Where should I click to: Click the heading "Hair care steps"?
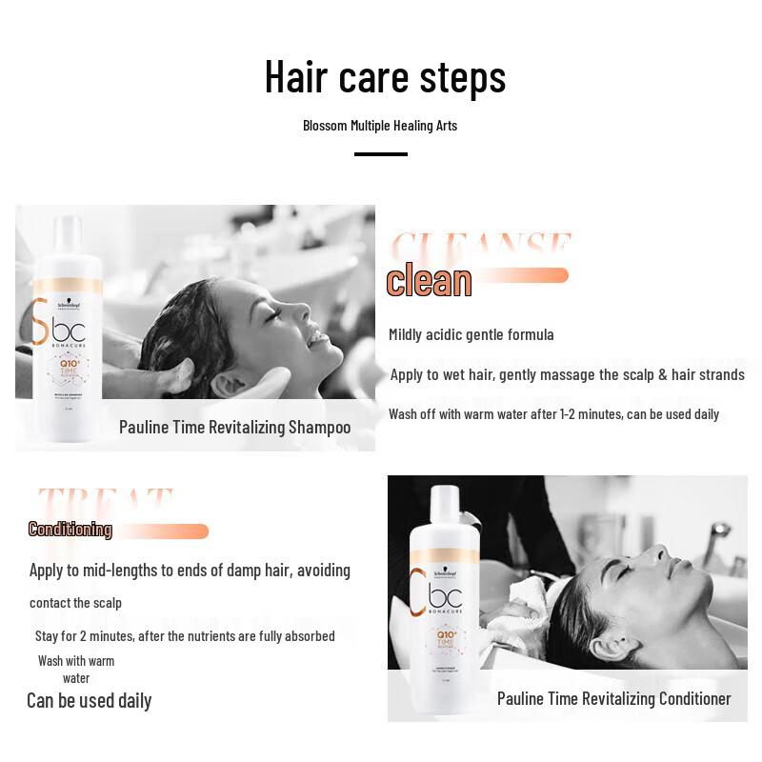click(385, 77)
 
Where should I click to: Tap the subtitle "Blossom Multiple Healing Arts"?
click(380, 126)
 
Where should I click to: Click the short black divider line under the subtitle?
click(380, 153)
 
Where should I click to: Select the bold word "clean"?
click(429, 281)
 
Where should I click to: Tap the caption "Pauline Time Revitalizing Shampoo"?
click(234, 427)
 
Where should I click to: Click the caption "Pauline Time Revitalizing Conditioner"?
click(613, 698)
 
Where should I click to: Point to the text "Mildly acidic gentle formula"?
click(471, 334)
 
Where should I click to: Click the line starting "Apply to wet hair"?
click(567, 374)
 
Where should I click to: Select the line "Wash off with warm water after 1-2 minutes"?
click(553, 413)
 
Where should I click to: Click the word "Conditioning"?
click(70, 530)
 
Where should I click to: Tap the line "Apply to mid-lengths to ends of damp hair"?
click(190, 570)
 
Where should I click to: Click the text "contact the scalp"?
click(75, 603)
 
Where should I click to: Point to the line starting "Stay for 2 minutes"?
click(185, 635)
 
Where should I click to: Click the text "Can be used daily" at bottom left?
click(89, 700)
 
